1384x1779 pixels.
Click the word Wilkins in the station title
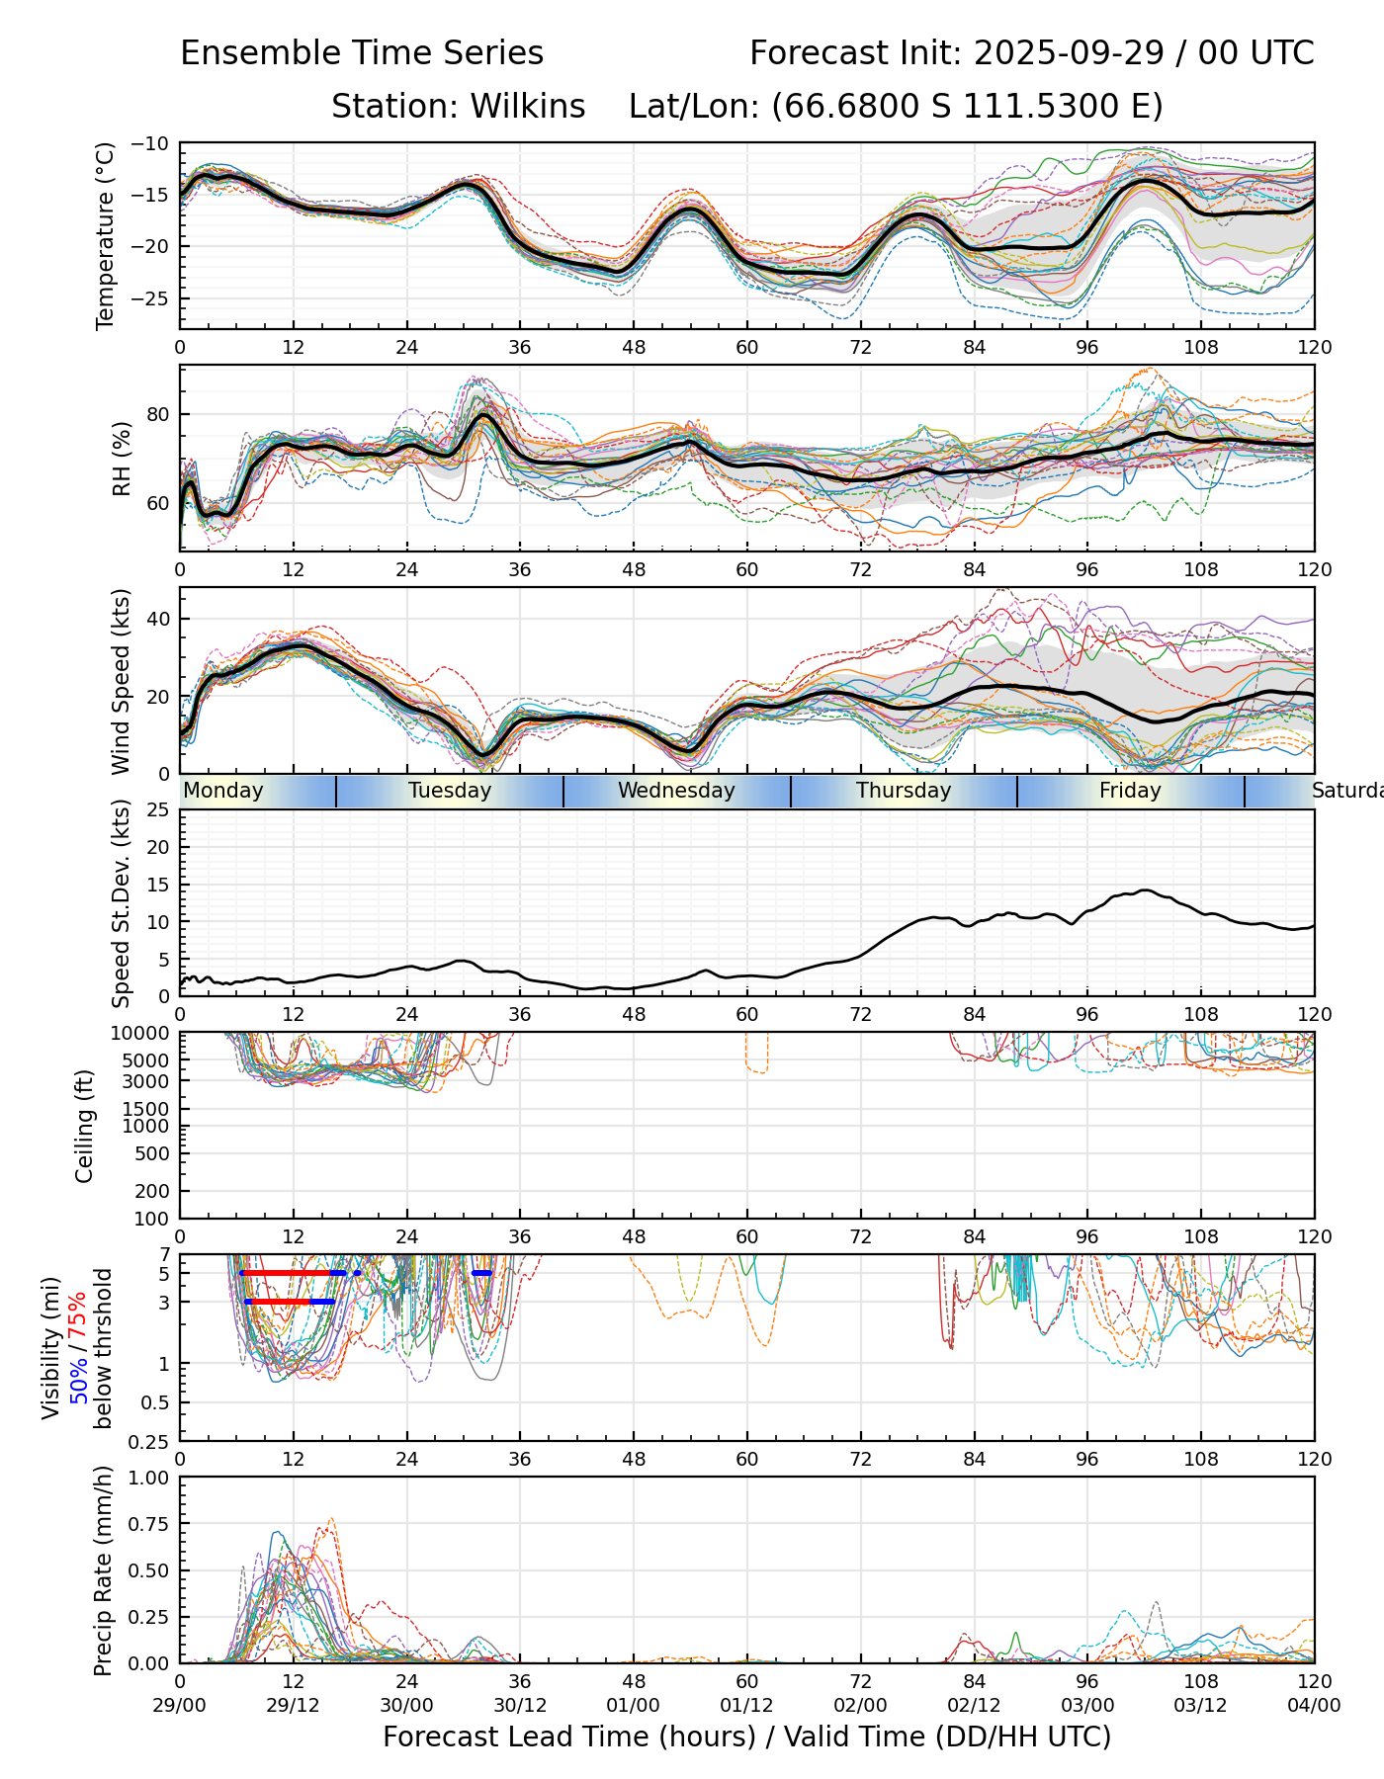pyautogui.click(x=528, y=107)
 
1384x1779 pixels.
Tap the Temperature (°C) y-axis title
pyautogui.click(x=106, y=235)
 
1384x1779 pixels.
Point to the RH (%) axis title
pyautogui.click(x=122, y=459)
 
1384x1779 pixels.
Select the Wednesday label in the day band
pyautogui.click(x=676, y=791)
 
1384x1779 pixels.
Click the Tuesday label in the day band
pyautogui.click(x=450, y=791)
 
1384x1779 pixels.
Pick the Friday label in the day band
pyautogui.click(x=1130, y=791)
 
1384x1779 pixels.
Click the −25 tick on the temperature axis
pyautogui.click(x=156, y=298)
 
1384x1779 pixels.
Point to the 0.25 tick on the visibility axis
pyautogui.click(x=152, y=1441)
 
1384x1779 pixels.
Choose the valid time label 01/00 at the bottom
pyautogui.click(x=634, y=1705)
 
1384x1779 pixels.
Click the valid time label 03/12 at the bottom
pyautogui.click(x=1201, y=1705)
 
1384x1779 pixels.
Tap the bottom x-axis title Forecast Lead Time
pyautogui.click(x=746, y=1737)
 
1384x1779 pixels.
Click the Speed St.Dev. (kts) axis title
pyautogui.click(x=122, y=902)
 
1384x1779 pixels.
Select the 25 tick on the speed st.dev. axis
pyautogui.click(x=158, y=810)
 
